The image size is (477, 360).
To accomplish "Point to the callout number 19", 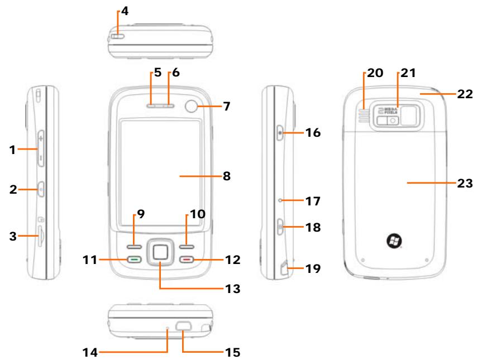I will [x=315, y=268].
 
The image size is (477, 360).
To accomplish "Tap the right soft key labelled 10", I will [x=186, y=246].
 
